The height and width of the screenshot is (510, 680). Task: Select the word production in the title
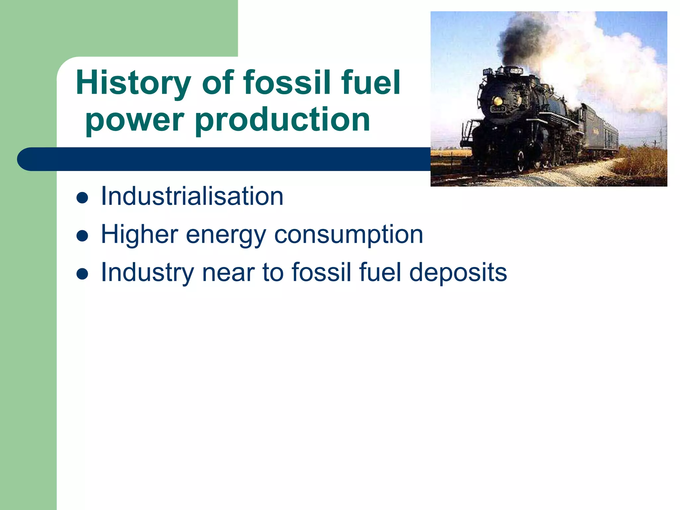click(x=282, y=120)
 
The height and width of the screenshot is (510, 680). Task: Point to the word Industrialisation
click(x=192, y=196)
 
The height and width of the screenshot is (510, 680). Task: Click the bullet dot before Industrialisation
click(x=82, y=198)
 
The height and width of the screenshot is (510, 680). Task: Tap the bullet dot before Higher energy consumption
click(x=82, y=236)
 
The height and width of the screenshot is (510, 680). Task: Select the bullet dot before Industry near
click(x=82, y=274)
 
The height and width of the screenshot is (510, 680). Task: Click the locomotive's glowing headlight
click(x=498, y=100)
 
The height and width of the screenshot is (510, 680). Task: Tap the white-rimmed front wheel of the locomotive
click(x=521, y=161)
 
